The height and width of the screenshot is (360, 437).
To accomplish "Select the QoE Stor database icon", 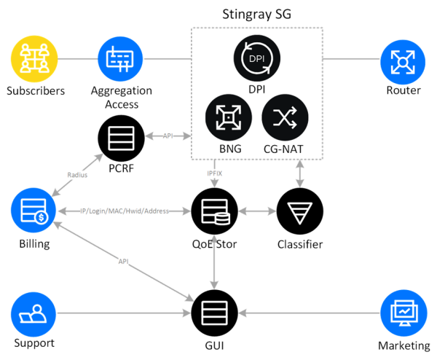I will coord(213,211).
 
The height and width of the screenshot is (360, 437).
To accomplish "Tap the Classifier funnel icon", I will coord(299,211).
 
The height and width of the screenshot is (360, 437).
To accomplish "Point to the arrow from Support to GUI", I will coord(124,313).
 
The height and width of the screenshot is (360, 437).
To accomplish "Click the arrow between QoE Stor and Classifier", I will coord(256,211).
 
